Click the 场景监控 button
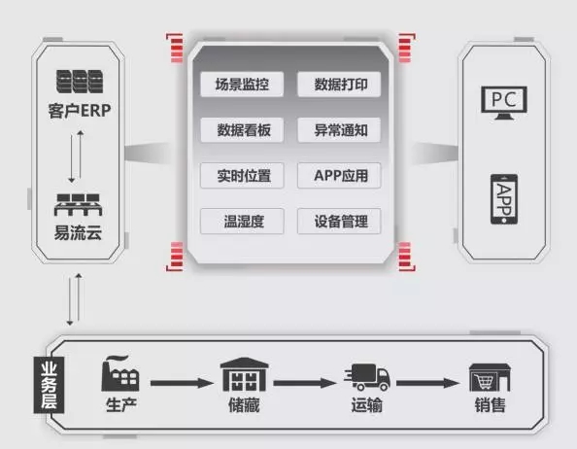click(242, 85)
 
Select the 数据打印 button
click(339, 85)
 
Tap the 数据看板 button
click(242, 130)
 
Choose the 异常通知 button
click(339, 130)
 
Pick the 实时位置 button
click(242, 176)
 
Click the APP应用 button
click(339, 176)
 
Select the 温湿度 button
click(242, 222)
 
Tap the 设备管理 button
click(339, 222)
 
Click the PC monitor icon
click(504, 103)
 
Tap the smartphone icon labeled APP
click(504, 199)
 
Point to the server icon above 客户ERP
click(80, 82)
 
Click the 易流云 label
click(78, 232)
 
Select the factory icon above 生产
click(120, 373)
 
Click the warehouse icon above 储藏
click(244, 374)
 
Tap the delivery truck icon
click(367, 377)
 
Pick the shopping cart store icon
click(490, 377)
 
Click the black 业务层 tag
click(49, 385)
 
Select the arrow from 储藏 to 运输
click(304, 383)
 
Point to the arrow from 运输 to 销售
click(427, 383)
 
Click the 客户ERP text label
click(80, 111)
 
